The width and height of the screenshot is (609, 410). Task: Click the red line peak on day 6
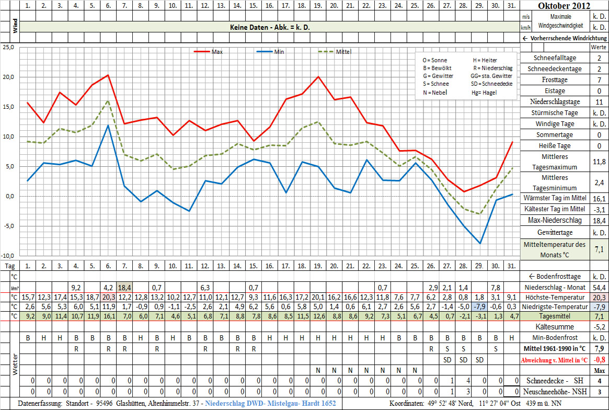pyautogui.click(x=108, y=75)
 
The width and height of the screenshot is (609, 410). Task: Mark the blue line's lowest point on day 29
pyautogui.click(x=479, y=243)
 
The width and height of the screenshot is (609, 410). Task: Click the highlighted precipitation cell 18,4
pyautogui.click(x=124, y=287)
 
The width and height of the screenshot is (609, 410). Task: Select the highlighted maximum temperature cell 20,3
pyautogui.click(x=108, y=297)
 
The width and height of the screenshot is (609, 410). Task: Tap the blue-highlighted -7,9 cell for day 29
pyautogui.click(x=479, y=306)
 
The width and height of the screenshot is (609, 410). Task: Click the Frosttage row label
pyautogui.click(x=554, y=80)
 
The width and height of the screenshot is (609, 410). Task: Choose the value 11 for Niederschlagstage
pyautogui.click(x=598, y=102)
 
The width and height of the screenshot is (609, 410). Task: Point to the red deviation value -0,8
pyautogui.click(x=598, y=360)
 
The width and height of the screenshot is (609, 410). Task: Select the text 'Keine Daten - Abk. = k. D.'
pyautogui.click(x=270, y=27)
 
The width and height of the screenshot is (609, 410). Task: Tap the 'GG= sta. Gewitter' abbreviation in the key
pyautogui.click(x=491, y=76)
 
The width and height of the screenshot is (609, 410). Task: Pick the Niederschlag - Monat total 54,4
pyautogui.click(x=598, y=287)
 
